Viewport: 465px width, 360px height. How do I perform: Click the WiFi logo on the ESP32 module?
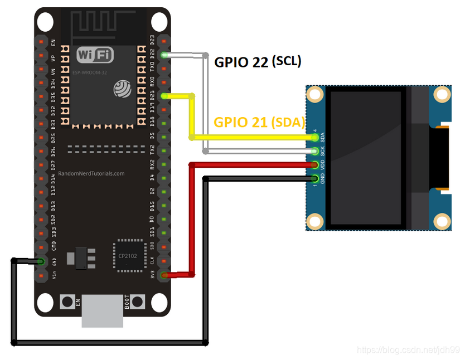pos(95,55)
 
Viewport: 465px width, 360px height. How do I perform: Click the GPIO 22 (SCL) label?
pos(258,62)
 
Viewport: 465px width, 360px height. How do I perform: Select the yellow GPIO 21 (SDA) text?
pos(259,123)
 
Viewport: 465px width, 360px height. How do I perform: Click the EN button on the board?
pos(67,303)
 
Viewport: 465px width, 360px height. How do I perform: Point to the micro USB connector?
pos(103,312)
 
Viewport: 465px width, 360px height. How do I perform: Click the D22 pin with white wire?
pos(164,55)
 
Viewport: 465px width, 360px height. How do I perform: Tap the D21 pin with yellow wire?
pos(164,96)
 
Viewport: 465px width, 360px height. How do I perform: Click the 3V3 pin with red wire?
pos(164,275)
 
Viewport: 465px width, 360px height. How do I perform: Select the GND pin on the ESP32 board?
pos(41,261)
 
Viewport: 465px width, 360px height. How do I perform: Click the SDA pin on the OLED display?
pos(316,137)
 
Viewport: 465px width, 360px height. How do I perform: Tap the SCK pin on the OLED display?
pos(316,151)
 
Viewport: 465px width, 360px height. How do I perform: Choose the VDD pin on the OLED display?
pos(316,164)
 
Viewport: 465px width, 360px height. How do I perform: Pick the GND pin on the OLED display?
pos(316,178)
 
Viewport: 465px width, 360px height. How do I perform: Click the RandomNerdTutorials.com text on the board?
pos(91,173)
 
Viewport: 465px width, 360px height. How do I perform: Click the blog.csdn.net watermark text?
pos(408,350)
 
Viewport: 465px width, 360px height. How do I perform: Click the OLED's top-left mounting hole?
pos(316,94)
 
